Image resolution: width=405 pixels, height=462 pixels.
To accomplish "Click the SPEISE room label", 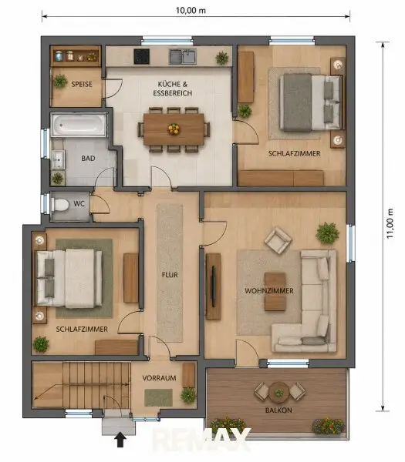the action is (x=82, y=84).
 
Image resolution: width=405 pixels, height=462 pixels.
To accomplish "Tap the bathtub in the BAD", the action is (x=79, y=125).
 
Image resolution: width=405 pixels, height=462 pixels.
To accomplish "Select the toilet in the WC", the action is (x=60, y=205).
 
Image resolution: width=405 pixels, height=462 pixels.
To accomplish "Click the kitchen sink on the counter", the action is (x=183, y=56).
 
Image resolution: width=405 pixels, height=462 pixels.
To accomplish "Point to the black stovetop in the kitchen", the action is (x=142, y=56).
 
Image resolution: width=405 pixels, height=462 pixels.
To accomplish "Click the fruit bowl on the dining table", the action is (x=174, y=129).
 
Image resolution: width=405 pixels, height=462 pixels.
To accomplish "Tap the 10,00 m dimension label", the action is (x=191, y=10).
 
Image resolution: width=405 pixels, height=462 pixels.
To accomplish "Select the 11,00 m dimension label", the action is (x=390, y=223).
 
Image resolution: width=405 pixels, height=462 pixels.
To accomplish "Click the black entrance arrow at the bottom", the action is (x=120, y=440).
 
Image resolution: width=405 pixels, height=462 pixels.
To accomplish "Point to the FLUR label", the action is (x=170, y=275).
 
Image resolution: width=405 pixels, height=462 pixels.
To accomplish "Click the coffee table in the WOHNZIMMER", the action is (x=275, y=292).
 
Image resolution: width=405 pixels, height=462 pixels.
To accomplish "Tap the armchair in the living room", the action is (x=278, y=239).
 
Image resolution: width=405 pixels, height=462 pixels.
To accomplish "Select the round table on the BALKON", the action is (x=278, y=393).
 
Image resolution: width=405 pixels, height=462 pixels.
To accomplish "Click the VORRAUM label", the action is (x=159, y=378).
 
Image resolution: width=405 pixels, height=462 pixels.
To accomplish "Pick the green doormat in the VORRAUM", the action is (x=158, y=397).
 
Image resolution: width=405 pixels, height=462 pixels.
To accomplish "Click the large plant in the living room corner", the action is (x=327, y=233).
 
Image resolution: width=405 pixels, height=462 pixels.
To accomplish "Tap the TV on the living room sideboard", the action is (x=213, y=286).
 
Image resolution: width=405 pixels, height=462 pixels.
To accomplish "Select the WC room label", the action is (x=79, y=203).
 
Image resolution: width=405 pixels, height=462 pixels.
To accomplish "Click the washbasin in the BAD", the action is (x=58, y=159).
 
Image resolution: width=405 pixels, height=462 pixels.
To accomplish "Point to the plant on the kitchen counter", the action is (x=222, y=58).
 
